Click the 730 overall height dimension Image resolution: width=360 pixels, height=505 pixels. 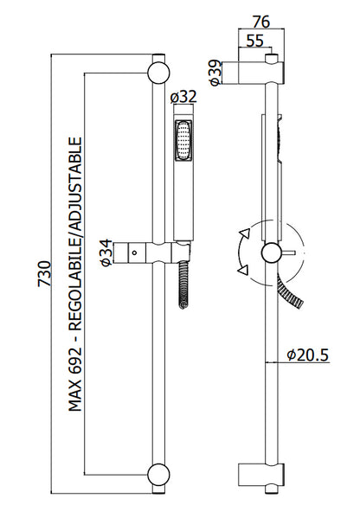[x=45, y=274]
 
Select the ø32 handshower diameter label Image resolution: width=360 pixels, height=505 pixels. [x=183, y=97]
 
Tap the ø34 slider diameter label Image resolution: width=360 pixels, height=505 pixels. [x=106, y=252]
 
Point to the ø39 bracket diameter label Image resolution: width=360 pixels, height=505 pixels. [x=216, y=73]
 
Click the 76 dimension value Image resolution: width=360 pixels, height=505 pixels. [x=261, y=22]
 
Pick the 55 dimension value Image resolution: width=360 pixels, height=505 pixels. [x=255, y=41]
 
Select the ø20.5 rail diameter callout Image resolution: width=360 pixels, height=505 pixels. [x=308, y=355]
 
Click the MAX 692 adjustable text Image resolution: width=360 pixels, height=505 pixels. [x=76, y=274]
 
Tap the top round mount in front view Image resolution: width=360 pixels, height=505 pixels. [x=158, y=73]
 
